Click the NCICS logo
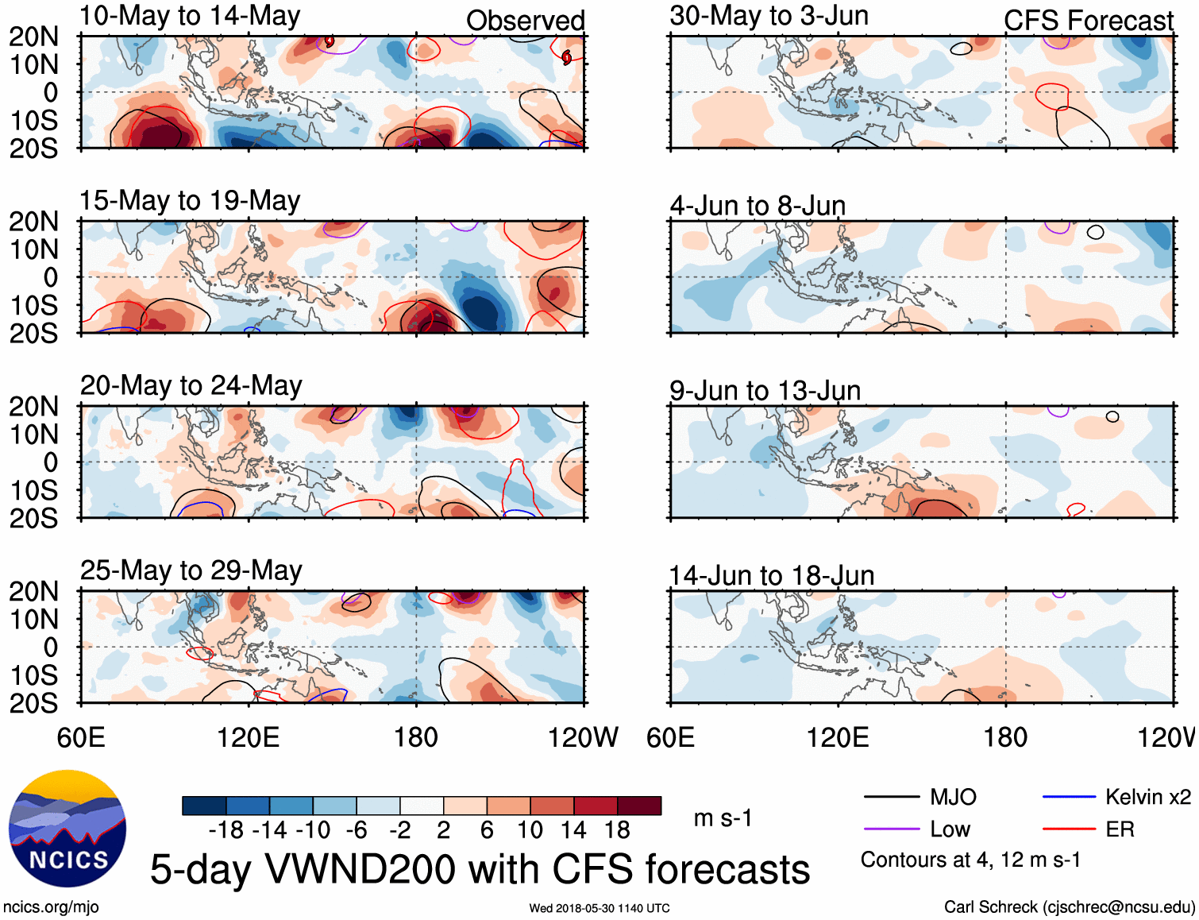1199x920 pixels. click(x=67, y=829)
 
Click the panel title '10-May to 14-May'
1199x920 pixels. click(x=190, y=16)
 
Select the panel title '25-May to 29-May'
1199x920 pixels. click(x=191, y=570)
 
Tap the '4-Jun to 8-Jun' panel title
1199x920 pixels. click(x=758, y=206)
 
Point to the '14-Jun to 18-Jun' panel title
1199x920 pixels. click(x=771, y=575)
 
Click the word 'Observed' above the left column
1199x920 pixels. click(x=525, y=21)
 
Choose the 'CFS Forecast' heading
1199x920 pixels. click(x=1088, y=21)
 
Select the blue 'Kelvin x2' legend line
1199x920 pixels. click(x=1069, y=797)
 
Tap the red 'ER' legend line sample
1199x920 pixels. click(x=1069, y=829)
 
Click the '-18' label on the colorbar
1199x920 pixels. click(x=226, y=830)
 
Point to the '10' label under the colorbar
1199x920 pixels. click(x=530, y=830)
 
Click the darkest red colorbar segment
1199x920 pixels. click(x=639, y=806)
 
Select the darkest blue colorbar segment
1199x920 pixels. click(x=204, y=806)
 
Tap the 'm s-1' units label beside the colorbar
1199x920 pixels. click(x=723, y=818)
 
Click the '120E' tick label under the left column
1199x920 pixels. click(x=248, y=737)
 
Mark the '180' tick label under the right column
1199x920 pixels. click(x=1005, y=737)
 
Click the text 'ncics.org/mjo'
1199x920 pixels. click(x=51, y=907)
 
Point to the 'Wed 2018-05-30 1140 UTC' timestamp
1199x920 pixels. click(x=599, y=908)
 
